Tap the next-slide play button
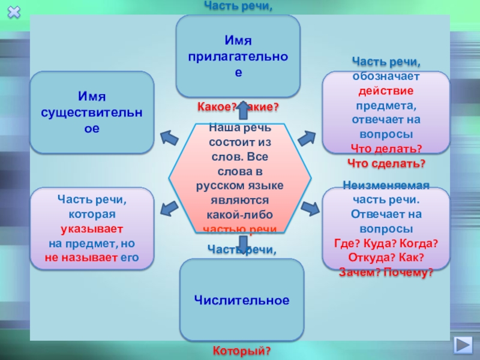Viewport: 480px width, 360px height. tap(463, 346)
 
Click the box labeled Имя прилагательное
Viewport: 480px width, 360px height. tap(238, 56)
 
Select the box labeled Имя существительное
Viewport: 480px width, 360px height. tap(92, 112)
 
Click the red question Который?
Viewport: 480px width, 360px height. tap(242, 349)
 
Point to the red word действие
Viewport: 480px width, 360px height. tap(386, 91)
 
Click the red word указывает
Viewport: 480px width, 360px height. tap(92, 229)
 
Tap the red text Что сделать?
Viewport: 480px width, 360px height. tap(386, 163)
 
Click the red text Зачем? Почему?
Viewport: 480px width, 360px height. tap(386, 272)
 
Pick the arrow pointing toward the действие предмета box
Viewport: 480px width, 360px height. tap(306, 137)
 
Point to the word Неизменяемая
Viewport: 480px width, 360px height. tap(386, 185)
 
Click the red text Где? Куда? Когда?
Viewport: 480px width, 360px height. tap(386, 243)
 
